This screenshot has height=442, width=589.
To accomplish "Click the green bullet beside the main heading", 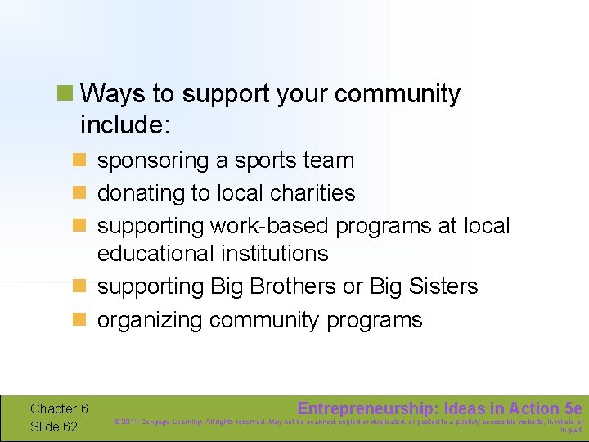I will coord(65,93).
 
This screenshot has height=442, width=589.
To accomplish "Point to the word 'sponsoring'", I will coord(153,160).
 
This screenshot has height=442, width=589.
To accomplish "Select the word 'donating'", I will coord(140,193).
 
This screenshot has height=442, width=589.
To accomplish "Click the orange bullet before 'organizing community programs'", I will coord(79,319).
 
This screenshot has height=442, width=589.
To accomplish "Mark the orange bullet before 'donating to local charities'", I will coord(79,192).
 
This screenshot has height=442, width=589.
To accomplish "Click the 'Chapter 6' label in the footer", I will coord(58,408).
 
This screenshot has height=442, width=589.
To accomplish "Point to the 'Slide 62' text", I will coord(53,426).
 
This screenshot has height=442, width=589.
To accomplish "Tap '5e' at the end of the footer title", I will coord(573,408).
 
